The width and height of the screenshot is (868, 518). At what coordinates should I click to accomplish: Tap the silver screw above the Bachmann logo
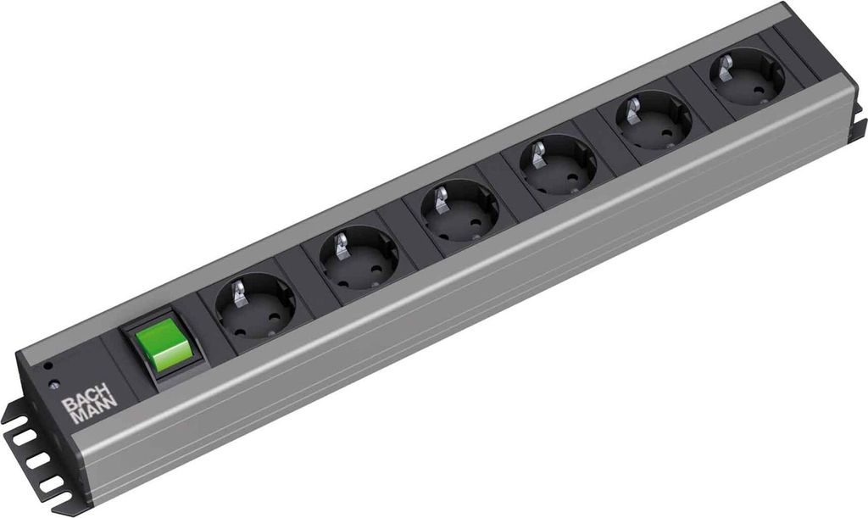pos(54,385)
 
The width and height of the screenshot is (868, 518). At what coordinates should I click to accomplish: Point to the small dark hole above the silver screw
pos(48,367)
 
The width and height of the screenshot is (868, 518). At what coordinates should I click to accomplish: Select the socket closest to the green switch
pos(254,305)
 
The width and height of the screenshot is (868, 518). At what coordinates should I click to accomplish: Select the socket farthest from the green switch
pos(746,75)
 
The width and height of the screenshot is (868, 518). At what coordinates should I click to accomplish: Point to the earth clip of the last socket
pos(726,64)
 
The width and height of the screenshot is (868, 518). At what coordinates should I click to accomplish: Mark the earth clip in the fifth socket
pos(633,109)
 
